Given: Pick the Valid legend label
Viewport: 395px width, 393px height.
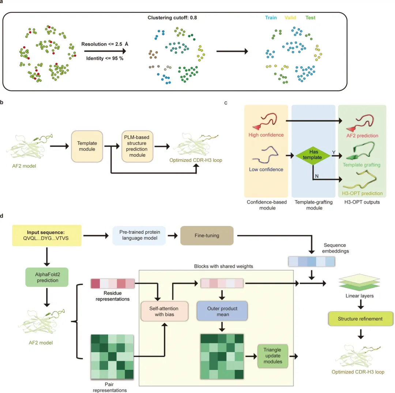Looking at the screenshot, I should [x=290, y=18].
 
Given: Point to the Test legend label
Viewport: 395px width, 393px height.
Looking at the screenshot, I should [x=310, y=18].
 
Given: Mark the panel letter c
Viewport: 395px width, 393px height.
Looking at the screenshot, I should [x=226, y=103].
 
